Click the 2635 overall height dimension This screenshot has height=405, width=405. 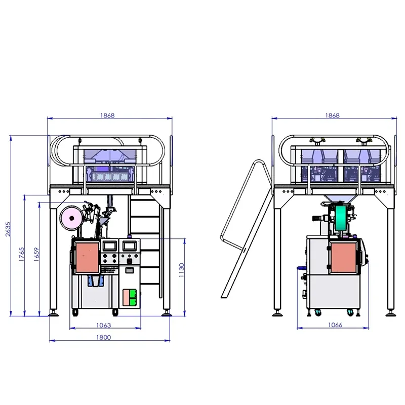8,229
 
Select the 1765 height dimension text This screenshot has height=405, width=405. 22,254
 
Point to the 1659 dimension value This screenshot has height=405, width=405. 36,255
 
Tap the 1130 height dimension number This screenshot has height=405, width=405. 182,270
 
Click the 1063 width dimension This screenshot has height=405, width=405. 104,325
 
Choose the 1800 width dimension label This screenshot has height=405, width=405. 104,337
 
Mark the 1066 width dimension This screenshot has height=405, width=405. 335,325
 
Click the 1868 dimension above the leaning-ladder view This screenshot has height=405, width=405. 333,115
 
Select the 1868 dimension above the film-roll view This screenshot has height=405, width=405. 107,115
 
